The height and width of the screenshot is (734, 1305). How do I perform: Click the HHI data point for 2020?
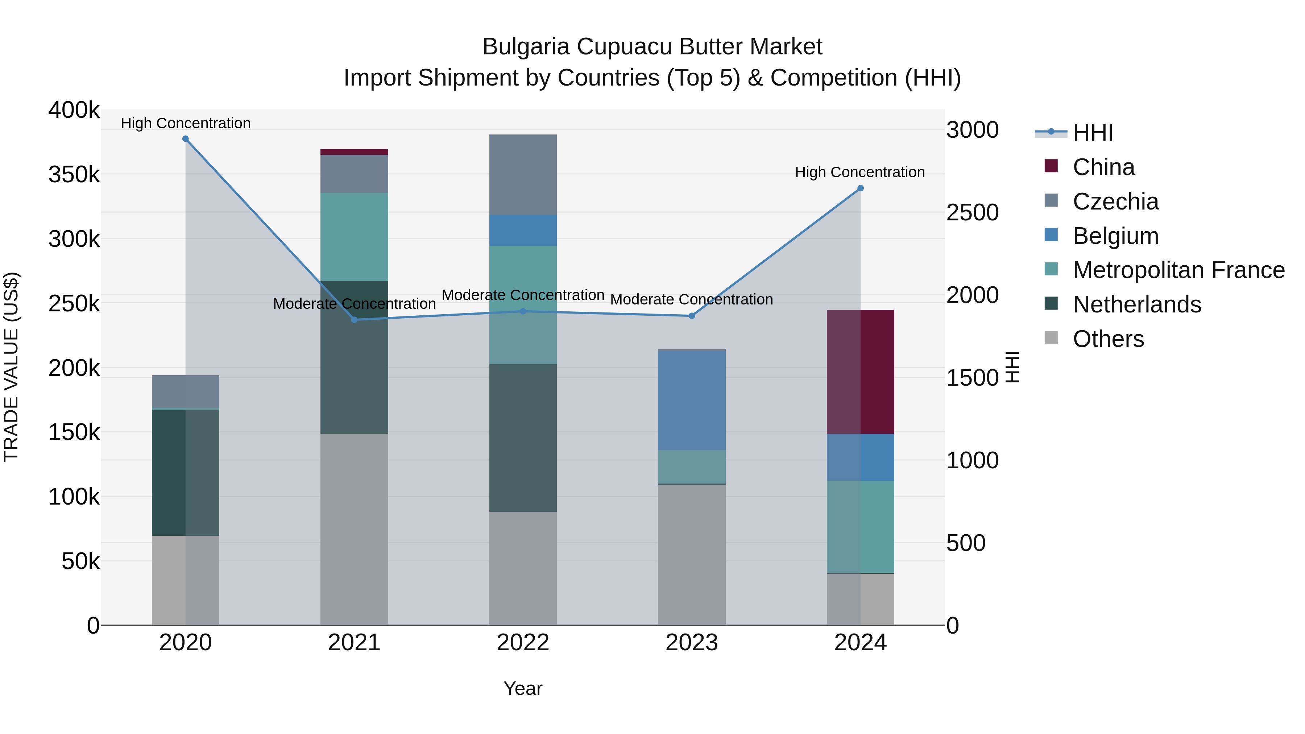click(185, 139)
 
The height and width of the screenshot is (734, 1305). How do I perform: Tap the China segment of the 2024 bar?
click(860, 371)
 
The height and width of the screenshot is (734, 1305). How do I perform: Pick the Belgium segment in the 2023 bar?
click(692, 400)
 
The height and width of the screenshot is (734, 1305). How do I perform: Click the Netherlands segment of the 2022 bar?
click(523, 437)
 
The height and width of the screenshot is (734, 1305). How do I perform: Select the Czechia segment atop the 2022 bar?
click(523, 174)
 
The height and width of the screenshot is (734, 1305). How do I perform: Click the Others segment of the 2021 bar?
click(354, 529)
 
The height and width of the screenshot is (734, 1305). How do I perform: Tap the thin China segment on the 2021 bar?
click(354, 152)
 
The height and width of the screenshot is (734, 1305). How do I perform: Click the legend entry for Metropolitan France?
click(1178, 270)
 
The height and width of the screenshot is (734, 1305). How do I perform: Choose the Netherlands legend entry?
click(1137, 304)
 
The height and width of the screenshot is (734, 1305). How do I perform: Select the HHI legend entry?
click(1092, 133)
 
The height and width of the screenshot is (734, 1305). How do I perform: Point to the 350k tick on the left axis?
click(74, 175)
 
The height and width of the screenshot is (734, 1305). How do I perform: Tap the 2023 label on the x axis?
click(692, 643)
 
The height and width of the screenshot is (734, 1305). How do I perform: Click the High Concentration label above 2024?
click(860, 172)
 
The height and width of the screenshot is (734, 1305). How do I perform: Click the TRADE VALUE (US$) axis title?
click(12, 367)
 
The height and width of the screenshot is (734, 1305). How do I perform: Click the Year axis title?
click(523, 688)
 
